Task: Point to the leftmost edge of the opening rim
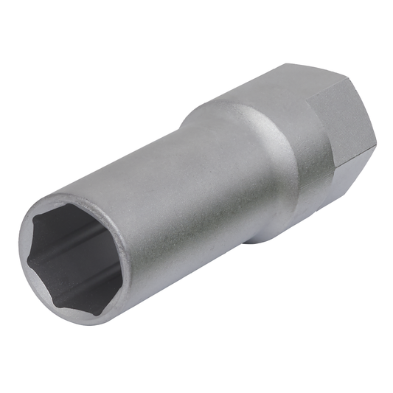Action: pos(23,251)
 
